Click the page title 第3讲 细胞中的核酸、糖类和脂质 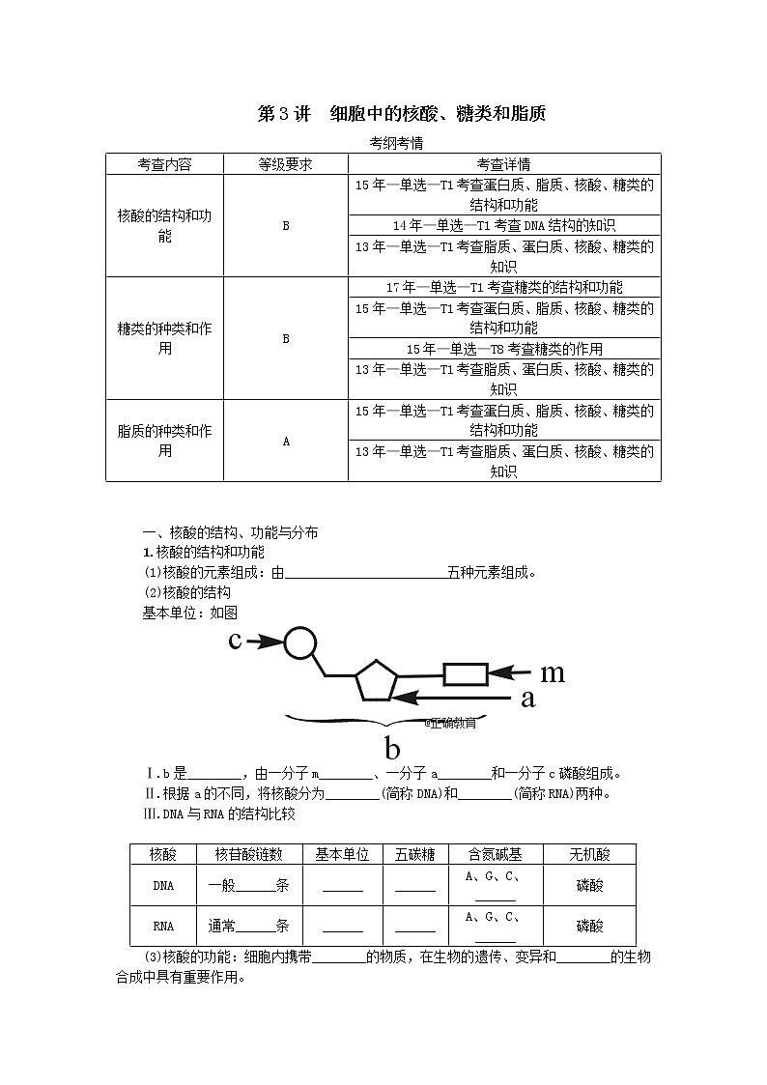(402, 114)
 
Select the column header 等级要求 (285, 164)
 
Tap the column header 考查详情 (503, 164)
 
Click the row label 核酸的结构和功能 (164, 225)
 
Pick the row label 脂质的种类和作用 (164, 441)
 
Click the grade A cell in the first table (286, 441)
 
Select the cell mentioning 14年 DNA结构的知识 (503, 225)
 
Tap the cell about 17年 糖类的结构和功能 (503, 287)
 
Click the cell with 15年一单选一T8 (503, 349)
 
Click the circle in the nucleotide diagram (300, 642)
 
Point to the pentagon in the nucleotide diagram (376, 680)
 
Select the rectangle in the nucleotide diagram (465, 673)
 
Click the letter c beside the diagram (235, 642)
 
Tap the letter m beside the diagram (552, 672)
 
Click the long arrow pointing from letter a (454, 696)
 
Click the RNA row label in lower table (164, 926)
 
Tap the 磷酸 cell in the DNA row (589, 885)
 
